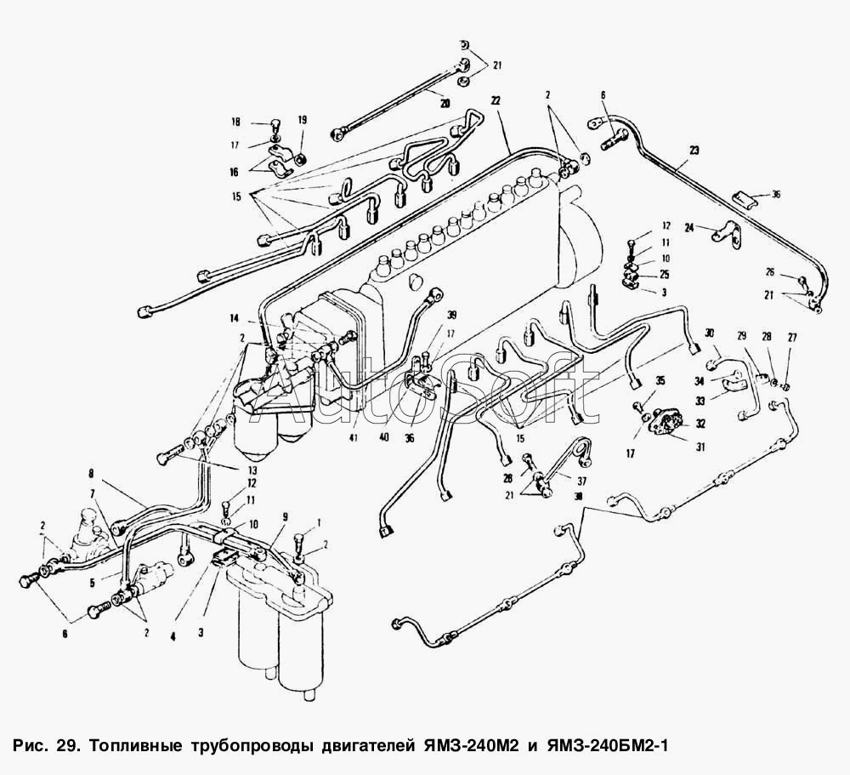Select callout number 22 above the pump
[x=495, y=100]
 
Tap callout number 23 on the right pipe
[x=694, y=151]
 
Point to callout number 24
[x=689, y=227]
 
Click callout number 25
[x=664, y=275]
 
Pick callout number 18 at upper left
[x=236, y=122]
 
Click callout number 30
[x=710, y=333]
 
